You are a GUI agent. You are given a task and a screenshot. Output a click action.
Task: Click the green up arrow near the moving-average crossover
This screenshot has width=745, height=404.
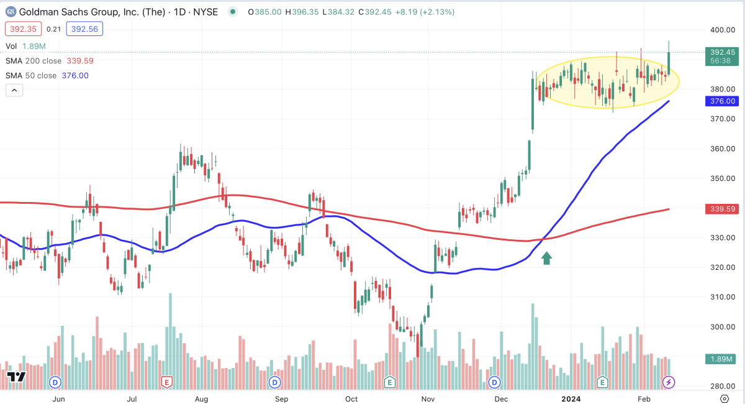(547, 258)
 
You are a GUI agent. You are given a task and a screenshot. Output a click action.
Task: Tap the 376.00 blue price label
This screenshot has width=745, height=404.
(721, 101)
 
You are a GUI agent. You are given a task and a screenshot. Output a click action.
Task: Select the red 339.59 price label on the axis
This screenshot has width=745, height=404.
(721, 209)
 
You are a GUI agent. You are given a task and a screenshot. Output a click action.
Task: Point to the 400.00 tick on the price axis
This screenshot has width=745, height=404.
(721, 30)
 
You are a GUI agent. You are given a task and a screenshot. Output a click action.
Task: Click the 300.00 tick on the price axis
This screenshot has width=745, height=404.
(721, 327)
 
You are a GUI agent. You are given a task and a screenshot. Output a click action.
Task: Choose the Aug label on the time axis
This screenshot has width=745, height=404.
(202, 398)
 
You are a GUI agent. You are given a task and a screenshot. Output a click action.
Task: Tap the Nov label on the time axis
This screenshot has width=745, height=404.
(428, 398)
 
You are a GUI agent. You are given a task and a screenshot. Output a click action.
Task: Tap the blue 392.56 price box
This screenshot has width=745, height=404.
(86, 29)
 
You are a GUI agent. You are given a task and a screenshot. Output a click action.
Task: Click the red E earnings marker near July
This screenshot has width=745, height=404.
(166, 382)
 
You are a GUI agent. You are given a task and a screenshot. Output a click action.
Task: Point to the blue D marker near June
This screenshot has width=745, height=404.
(56, 382)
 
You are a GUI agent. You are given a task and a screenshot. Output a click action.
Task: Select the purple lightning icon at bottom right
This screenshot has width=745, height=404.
(669, 382)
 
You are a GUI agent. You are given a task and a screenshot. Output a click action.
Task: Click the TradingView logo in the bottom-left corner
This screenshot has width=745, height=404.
(16, 377)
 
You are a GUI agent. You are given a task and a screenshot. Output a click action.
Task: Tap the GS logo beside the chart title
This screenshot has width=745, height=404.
(11, 12)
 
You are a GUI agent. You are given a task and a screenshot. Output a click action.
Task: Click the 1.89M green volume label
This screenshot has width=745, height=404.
(721, 359)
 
